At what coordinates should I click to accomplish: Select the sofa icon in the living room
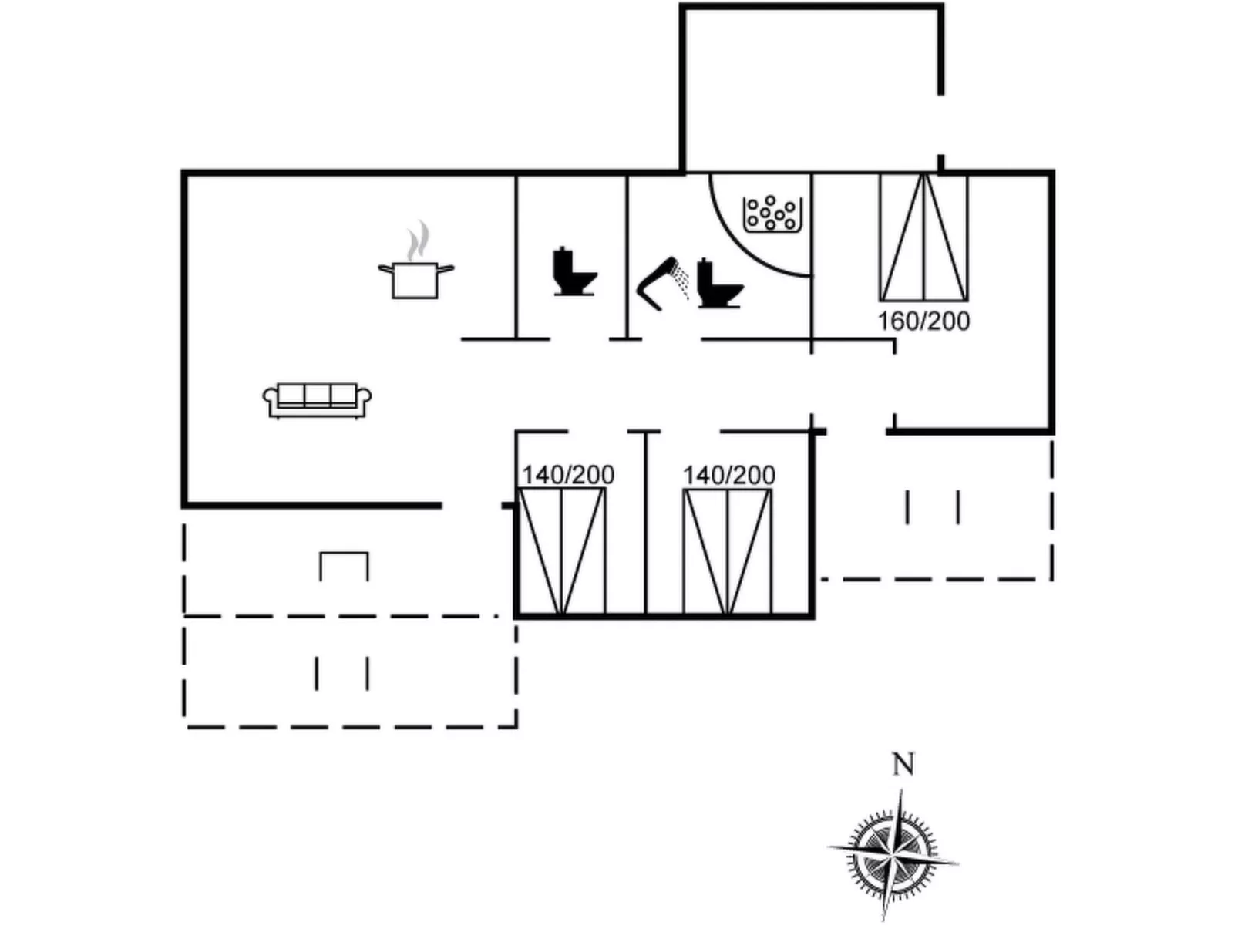(318, 401)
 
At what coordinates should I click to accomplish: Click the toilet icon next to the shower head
(719, 284)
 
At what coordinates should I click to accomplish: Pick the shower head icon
(664, 283)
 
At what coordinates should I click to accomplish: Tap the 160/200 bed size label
(923, 321)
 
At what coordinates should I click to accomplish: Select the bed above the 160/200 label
(923, 237)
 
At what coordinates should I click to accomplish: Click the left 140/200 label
(568, 475)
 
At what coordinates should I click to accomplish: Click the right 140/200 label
(729, 475)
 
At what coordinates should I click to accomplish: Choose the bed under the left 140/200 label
(562, 552)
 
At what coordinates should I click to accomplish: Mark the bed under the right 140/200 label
(728, 552)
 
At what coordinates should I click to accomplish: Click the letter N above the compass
(903, 765)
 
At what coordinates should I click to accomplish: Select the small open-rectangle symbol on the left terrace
(344, 566)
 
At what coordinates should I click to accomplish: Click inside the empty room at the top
(811, 89)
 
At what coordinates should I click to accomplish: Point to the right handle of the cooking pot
(446, 269)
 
